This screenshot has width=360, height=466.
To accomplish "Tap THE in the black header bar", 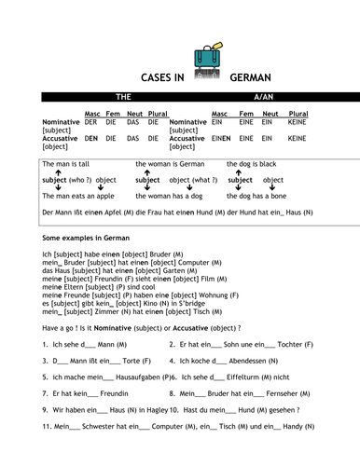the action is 121,97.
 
